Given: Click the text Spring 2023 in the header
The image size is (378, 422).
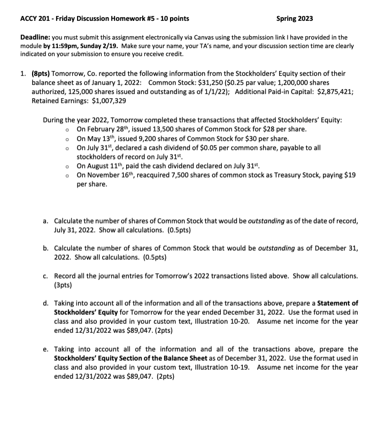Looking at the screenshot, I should coord(295,19).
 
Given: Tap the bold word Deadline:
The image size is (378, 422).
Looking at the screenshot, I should coord(35,37).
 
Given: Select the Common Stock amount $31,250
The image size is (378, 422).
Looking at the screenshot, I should coord(197,82).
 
